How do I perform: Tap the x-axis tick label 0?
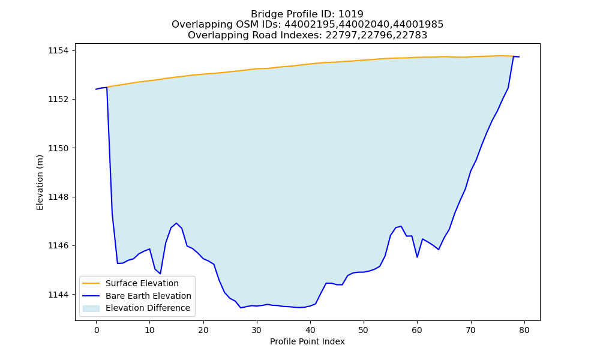97,330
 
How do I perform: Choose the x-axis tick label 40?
310,330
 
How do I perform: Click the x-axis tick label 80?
524,330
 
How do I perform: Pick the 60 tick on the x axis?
417,330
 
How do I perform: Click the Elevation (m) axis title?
40,182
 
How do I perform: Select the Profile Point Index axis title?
307,341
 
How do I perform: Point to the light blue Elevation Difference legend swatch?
91,308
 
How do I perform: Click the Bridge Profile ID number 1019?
351,14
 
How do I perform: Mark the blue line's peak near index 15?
176,223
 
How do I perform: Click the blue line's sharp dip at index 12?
160,274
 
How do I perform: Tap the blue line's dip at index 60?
417,257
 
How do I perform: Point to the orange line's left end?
107,87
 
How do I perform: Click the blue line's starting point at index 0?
97,89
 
